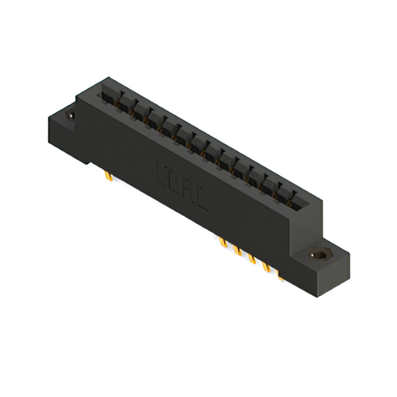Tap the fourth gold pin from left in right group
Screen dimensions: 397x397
coord(267,267)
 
